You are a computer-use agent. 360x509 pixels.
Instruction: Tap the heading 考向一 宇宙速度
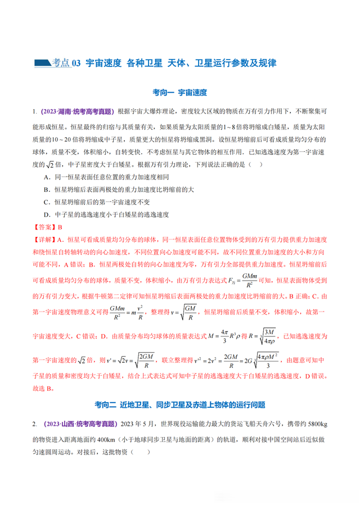point(179,92)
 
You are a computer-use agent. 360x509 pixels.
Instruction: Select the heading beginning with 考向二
point(179,404)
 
